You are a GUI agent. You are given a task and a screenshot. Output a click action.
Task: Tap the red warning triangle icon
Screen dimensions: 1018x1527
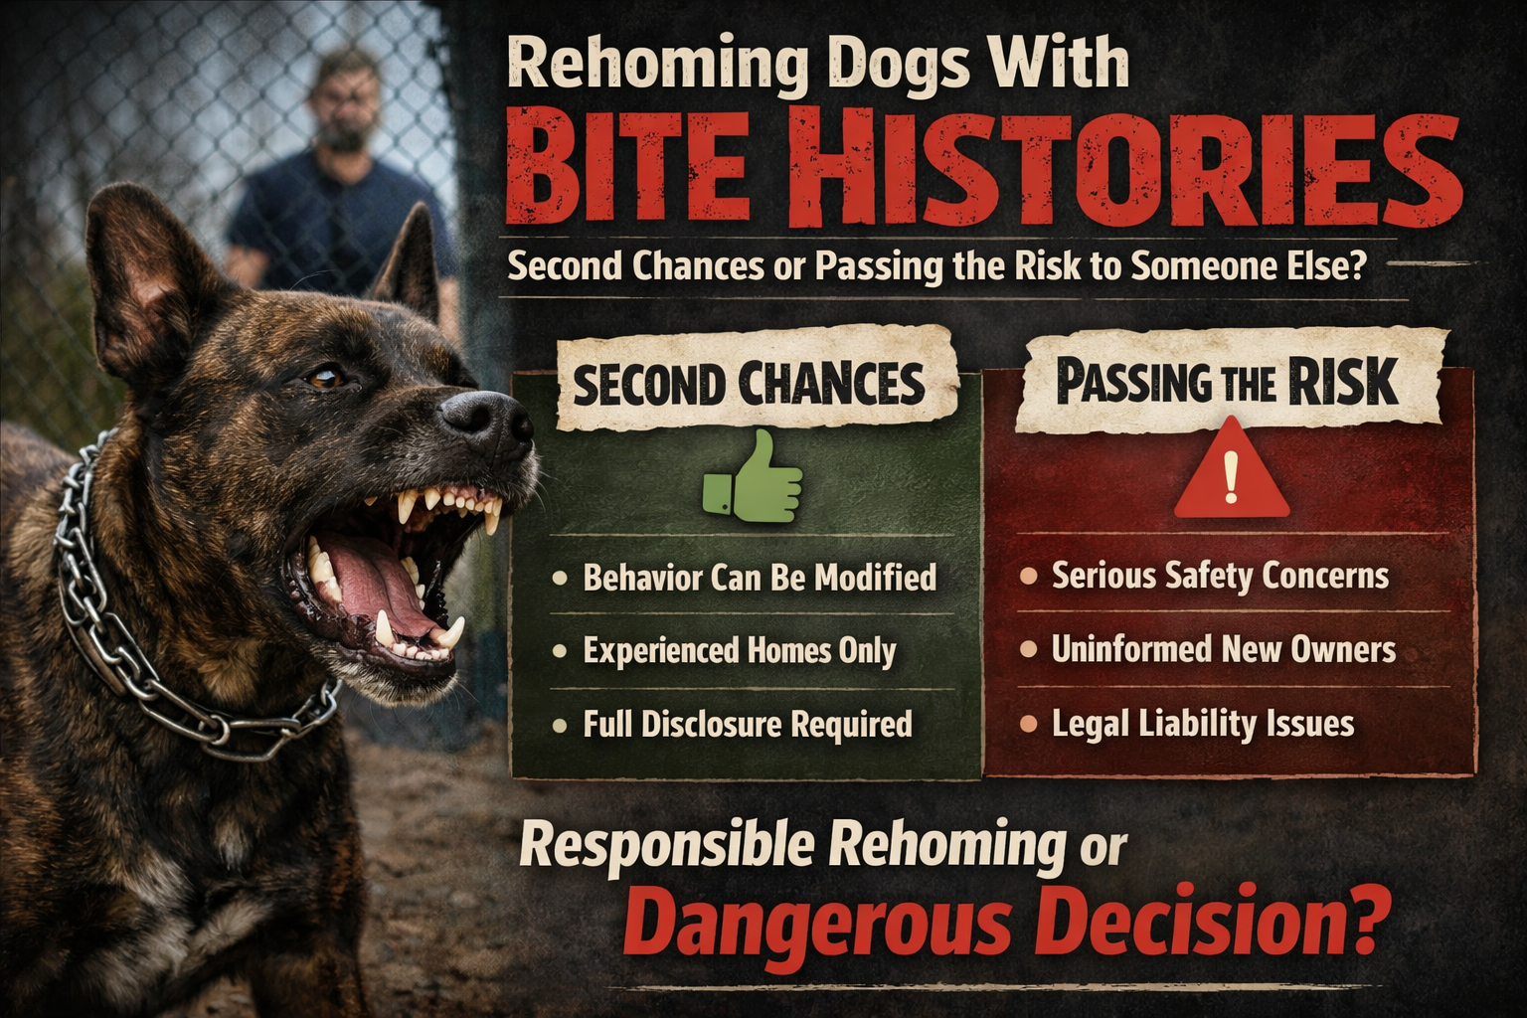tap(1231, 472)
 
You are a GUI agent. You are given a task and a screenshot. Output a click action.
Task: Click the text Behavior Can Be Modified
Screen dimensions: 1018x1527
tap(759, 578)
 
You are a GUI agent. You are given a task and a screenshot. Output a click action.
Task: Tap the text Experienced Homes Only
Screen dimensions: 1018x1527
tap(739, 651)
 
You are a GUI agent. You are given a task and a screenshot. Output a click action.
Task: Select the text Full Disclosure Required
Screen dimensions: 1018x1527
tap(747, 724)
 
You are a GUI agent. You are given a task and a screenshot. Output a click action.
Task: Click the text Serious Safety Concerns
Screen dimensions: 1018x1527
tap(1220, 576)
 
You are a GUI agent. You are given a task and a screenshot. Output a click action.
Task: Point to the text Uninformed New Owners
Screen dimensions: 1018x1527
tap(1223, 650)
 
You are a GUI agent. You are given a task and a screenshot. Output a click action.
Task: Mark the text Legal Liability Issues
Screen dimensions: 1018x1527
tap(1202, 724)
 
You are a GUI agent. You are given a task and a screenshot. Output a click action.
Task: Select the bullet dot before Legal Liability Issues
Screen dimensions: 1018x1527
tap(1029, 723)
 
